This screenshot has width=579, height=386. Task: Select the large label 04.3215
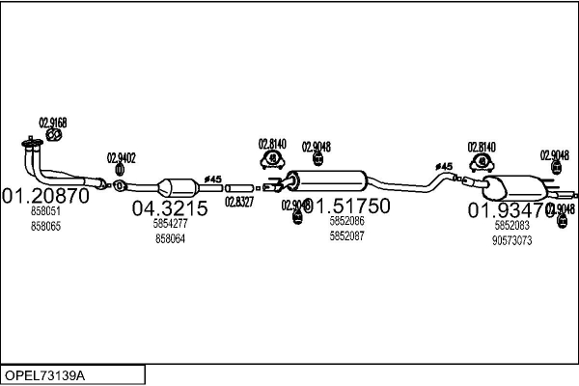(170, 207)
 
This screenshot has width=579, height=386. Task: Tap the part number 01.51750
(347, 206)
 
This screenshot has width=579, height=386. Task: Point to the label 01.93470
(512, 209)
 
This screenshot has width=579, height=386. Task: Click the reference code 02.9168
(53, 123)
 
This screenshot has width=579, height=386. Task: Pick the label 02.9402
(121, 157)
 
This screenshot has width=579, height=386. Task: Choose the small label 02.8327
(239, 202)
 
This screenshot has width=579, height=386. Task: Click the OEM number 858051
(45, 210)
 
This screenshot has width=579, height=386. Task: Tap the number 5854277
(170, 223)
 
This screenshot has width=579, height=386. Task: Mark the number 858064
(170, 238)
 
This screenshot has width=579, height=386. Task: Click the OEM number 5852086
(347, 221)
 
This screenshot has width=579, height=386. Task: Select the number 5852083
(512, 225)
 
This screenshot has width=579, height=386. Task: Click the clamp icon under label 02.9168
(55, 136)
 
